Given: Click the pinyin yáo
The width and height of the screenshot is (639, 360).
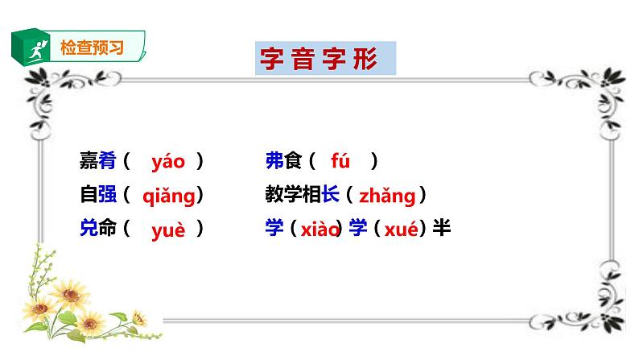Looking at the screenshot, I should coord(168,162).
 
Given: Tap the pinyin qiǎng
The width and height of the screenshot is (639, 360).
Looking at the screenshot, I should coord(168,196).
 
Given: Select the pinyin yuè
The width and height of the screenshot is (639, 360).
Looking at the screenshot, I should coord(168,230).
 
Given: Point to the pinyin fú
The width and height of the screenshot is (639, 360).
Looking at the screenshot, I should coord(340,162).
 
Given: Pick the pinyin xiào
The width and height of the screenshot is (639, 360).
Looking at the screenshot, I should coord(319,230).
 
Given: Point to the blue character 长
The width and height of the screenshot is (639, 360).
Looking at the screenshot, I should coord(329,196).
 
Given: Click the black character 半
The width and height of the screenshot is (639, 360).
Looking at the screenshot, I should coord(441,229).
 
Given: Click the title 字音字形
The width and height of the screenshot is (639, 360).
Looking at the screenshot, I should coord(319,60).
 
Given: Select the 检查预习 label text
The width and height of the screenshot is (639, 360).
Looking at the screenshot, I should coord(92,47).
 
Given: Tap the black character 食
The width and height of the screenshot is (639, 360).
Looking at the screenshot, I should coord(291,162).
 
